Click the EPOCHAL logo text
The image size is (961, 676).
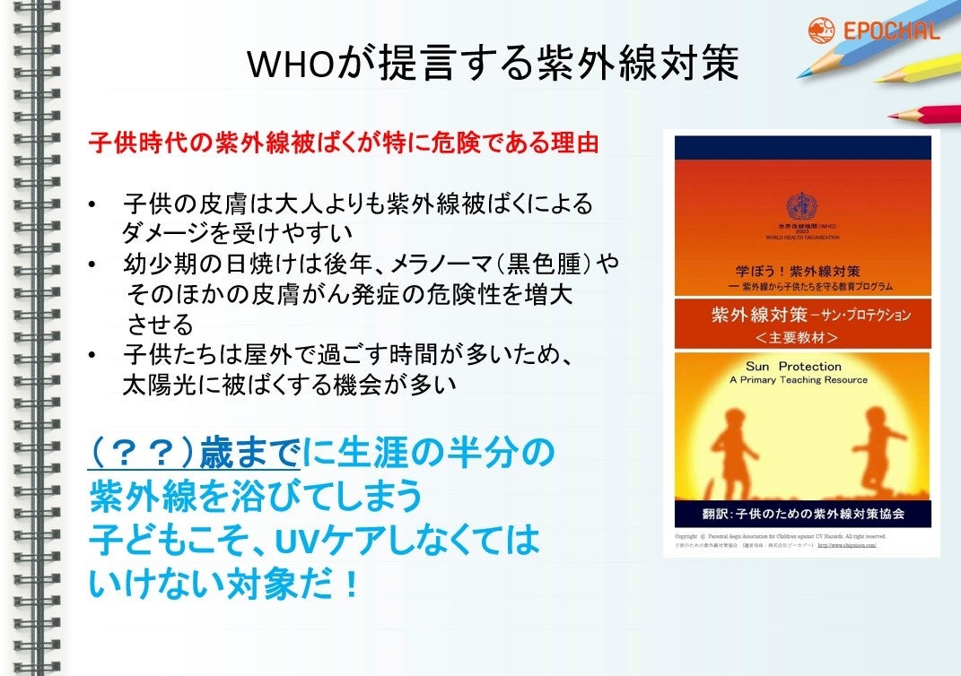tap(891, 31)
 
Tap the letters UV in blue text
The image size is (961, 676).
tap(297, 541)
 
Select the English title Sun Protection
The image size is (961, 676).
tap(793, 366)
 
